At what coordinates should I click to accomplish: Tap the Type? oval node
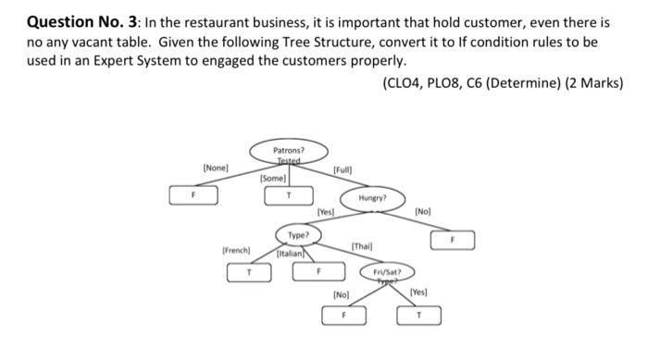click(x=298, y=235)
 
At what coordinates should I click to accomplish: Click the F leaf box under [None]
click(x=194, y=195)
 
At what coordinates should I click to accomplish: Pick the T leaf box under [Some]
click(x=288, y=195)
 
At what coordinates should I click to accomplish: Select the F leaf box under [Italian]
click(x=317, y=272)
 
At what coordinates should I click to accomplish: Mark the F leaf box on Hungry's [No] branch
click(x=453, y=239)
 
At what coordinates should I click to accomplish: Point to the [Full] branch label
click(x=343, y=171)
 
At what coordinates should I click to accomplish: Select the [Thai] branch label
click(x=361, y=246)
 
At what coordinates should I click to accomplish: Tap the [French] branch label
click(x=236, y=250)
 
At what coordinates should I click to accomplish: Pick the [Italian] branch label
click(x=291, y=253)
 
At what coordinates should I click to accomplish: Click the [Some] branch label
click(x=274, y=178)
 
